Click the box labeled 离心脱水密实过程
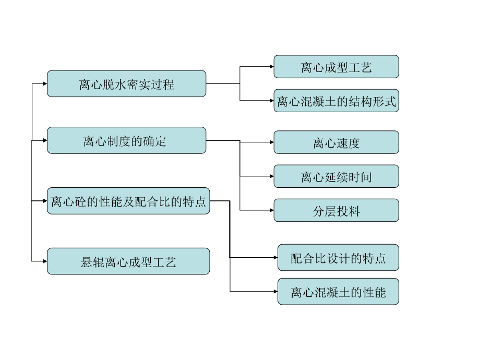126,83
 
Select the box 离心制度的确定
126,140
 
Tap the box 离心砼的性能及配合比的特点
128,201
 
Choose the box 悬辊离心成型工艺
128,261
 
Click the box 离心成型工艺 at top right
336,67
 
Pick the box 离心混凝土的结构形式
336,100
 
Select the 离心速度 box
336,142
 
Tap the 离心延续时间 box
336,176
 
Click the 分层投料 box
336,210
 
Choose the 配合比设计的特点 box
338,257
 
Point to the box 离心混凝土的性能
338,292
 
